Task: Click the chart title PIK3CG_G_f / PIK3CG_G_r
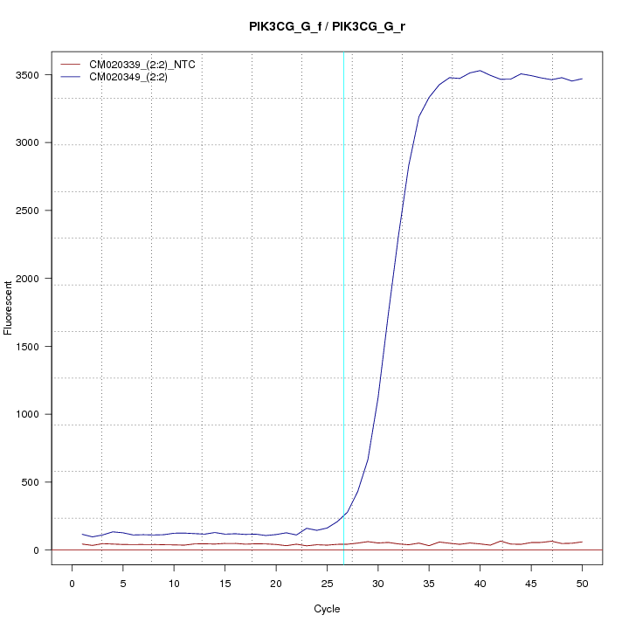coord(327,27)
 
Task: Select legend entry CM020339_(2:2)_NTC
coord(148,65)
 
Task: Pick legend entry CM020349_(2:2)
coord(135,77)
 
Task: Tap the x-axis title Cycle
coord(327,609)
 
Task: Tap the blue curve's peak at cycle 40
coord(480,71)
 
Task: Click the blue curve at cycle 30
coord(377,398)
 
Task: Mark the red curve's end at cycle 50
coord(582,542)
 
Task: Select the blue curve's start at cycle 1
coord(82,534)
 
